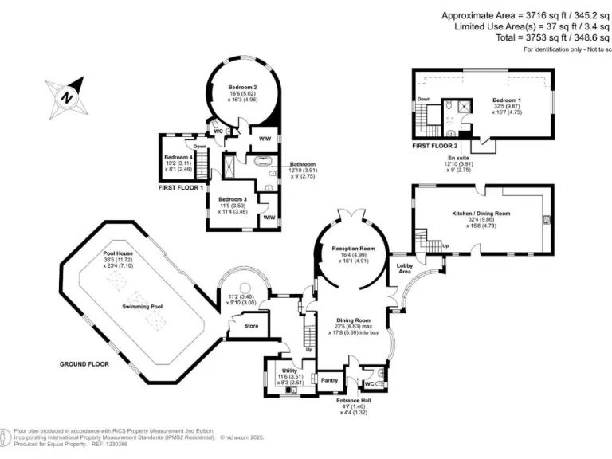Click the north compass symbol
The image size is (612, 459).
click(x=68, y=96)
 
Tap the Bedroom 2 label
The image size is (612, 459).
click(x=243, y=86)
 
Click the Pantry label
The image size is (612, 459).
click(x=329, y=380)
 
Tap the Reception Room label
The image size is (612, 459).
click(x=353, y=249)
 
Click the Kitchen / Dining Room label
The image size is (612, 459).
click(x=481, y=214)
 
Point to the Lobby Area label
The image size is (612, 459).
click(x=406, y=269)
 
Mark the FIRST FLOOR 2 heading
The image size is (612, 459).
click(x=435, y=147)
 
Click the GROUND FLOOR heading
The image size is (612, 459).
click(x=84, y=363)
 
